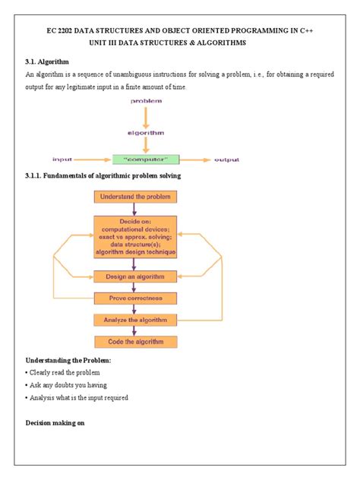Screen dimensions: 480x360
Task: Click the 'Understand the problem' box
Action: coord(135,197)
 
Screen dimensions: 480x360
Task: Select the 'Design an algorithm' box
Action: coord(135,276)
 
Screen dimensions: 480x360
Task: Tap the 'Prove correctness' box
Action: coord(135,298)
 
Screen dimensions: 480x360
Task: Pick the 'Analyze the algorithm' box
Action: coord(135,320)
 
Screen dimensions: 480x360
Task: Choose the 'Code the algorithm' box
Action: coord(135,341)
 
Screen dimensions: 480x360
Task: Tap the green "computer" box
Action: coord(146,159)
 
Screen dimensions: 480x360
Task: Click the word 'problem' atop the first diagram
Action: coord(146,100)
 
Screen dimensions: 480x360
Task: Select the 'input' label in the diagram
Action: coord(62,159)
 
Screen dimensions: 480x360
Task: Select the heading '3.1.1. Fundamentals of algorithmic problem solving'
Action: coord(103,177)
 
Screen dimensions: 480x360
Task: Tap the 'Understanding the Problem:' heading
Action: coord(68,359)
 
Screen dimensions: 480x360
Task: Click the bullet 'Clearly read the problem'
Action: coord(64,372)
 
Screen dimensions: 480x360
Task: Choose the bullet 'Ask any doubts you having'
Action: coord(66,385)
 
